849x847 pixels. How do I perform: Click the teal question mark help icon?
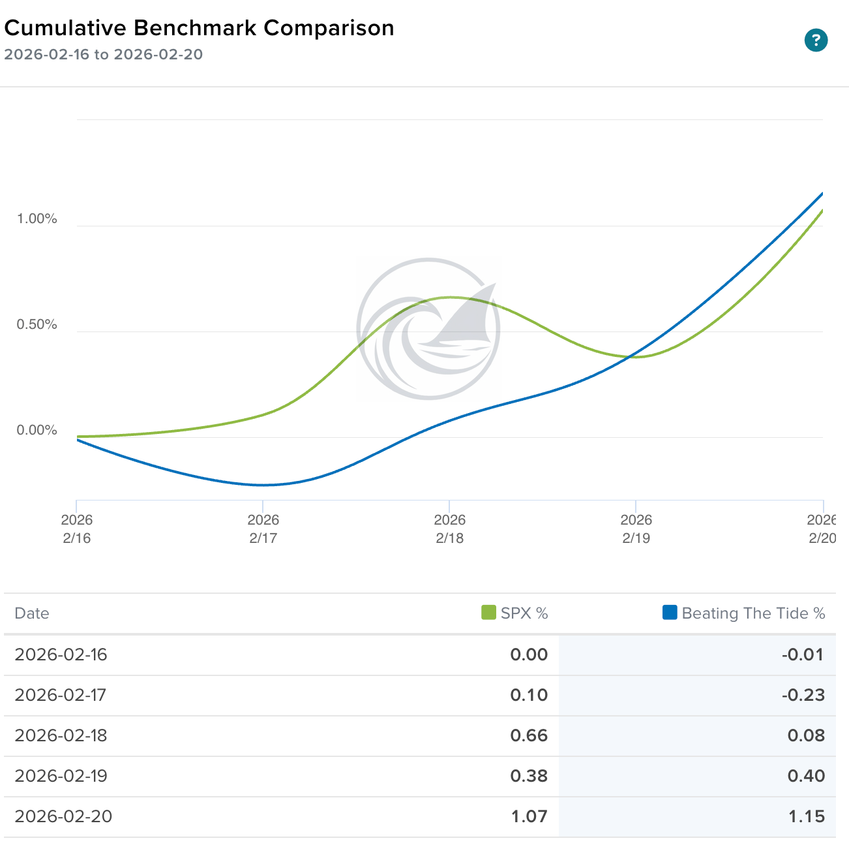[x=816, y=40]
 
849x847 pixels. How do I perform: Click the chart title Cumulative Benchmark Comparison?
[x=199, y=28]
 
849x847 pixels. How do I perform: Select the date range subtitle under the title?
[x=103, y=55]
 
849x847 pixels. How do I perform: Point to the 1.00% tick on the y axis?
[x=37, y=219]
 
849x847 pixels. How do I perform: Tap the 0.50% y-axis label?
[x=37, y=324]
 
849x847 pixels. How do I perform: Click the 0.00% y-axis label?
[x=37, y=430]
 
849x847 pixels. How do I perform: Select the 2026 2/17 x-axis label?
[x=263, y=529]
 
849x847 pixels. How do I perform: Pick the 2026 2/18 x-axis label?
[x=449, y=529]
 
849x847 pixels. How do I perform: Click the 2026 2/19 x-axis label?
[x=636, y=529]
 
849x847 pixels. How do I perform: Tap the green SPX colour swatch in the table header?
[x=488, y=613]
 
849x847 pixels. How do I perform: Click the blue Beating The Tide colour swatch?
[x=670, y=613]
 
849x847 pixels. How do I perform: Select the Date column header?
[x=32, y=613]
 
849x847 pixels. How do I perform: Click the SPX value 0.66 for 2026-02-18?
[x=529, y=735]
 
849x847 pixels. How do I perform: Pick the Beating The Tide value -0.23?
[x=803, y=695]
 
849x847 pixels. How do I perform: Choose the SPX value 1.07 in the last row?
[x=529, y=816]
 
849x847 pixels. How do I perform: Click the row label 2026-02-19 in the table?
[x=61, y=776]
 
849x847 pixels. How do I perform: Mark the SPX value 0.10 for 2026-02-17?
[x=529, y=695]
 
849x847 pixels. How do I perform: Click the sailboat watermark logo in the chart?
[x=428, y=329]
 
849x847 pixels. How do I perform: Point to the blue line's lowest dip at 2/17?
[x=263, y=485]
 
